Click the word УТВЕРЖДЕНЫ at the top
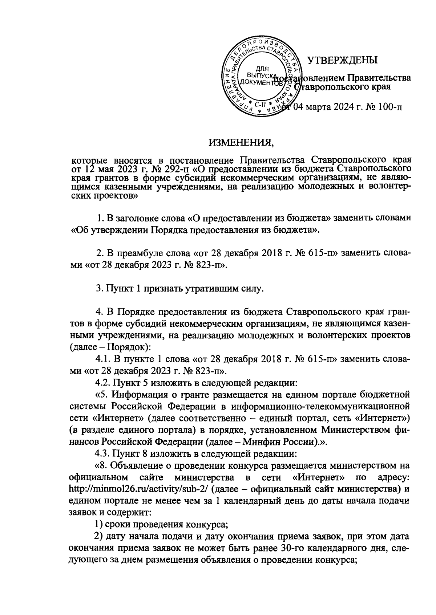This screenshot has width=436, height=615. [342, 60]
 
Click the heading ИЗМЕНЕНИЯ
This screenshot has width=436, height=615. [241, 143]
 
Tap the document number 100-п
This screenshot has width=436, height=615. [389, 107]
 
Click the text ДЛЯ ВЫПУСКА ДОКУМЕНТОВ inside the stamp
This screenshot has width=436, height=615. [261, 76]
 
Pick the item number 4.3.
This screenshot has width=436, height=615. [103, 453]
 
